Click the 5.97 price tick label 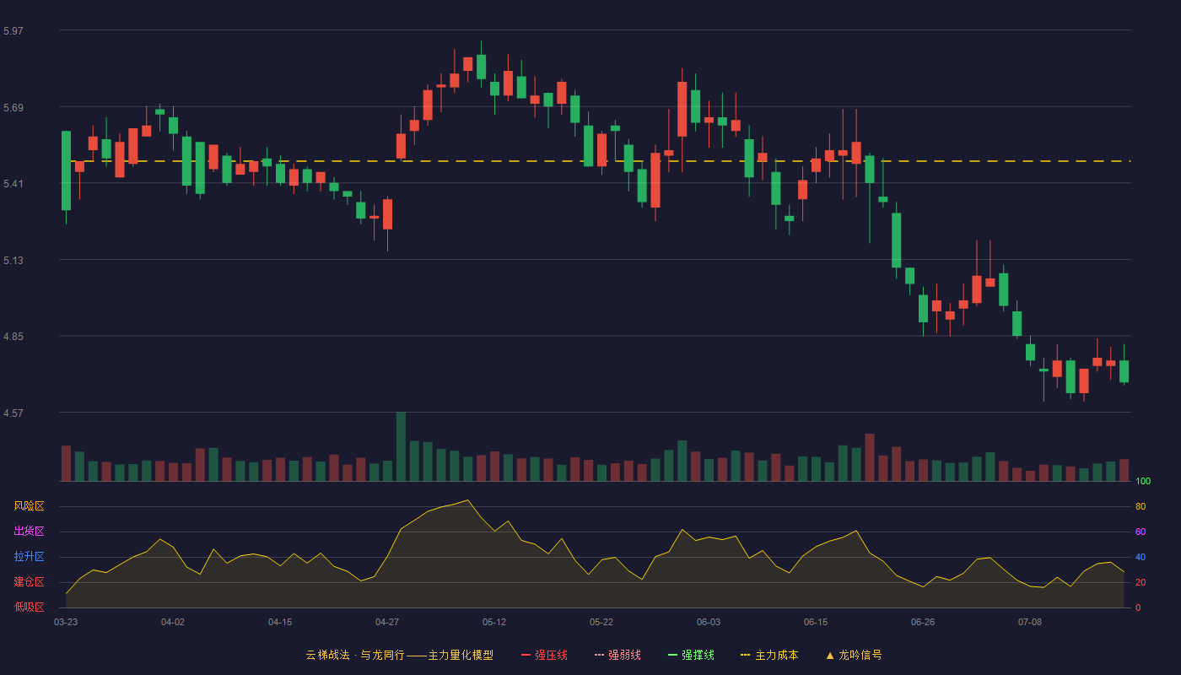(13, 30)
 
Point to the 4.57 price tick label (13, 413)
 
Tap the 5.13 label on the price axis (13, 260)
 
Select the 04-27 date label (387, 623)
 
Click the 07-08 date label (1030, 623)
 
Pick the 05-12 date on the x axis (494, 623)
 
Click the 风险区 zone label (29, 506)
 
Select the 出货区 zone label (29, 531)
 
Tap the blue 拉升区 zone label (29, 556)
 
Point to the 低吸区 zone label (29, 607)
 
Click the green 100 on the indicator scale (1143, 481)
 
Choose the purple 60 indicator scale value (1141, 532)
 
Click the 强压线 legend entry (544, 655)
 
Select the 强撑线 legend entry (691, 655)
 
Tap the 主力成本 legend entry (769, 655)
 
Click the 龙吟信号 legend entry (854, 655)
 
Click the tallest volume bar (401, 446)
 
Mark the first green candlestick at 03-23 (66, 170)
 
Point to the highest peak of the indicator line (467, 499)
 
